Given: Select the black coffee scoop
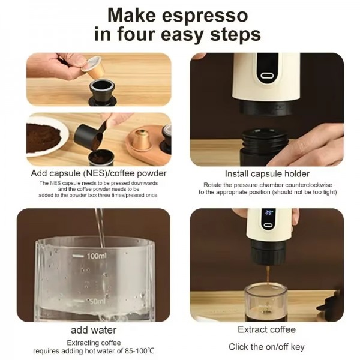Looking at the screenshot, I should pos(90,136).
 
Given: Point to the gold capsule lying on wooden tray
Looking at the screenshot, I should pos(142,139).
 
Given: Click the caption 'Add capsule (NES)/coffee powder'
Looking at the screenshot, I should pos(99,173).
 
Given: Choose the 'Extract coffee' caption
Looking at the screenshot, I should pos(266,329).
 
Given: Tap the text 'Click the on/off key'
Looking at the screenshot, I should pos(266,347).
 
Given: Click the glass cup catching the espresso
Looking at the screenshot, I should pos(265,303).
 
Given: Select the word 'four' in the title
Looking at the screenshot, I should pos(135,34).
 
